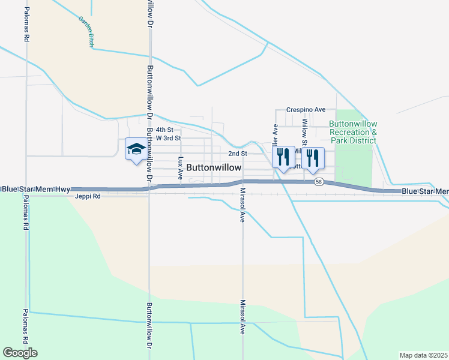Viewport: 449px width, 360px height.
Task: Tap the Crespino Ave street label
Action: pos(306,110)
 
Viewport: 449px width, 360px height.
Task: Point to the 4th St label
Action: pos(164,130)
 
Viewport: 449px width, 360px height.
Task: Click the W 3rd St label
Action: pos(168,138)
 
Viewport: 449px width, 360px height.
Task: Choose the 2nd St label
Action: pos(238,154)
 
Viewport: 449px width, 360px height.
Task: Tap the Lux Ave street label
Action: pos(181,169)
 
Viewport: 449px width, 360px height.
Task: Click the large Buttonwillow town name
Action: pos(214,168)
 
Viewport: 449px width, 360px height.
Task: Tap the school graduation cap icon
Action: pos(135,149)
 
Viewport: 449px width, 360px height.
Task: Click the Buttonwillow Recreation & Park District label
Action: pos(353,132)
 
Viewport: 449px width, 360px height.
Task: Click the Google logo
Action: pos(20,353)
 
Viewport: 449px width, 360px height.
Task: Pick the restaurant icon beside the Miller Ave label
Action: pos(283,157)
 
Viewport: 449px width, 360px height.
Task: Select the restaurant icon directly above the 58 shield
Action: pos(313,157)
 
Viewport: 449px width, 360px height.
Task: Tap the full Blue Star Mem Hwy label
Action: pos(35,189)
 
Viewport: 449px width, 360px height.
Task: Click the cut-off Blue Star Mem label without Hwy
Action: pos(424,191)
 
